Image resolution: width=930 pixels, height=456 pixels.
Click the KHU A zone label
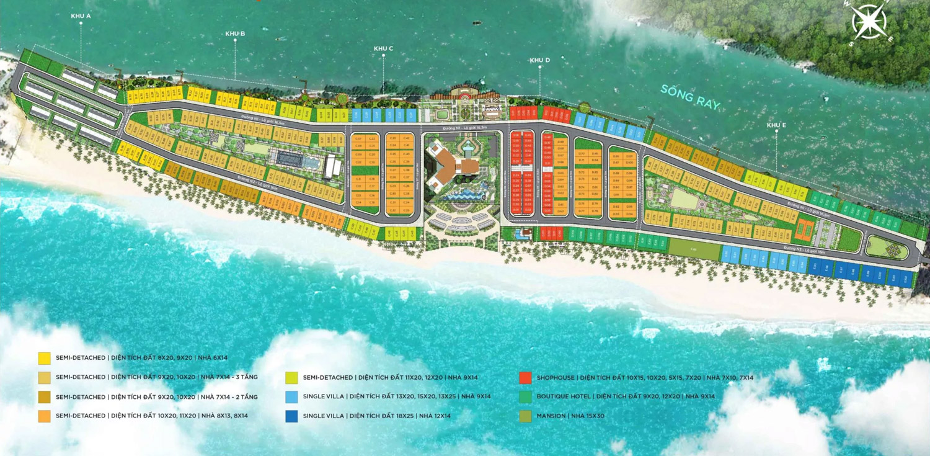(x=81, y=16)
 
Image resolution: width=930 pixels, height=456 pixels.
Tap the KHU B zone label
(x=235, y=34)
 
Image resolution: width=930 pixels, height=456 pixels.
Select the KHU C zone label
(x=383, y=48)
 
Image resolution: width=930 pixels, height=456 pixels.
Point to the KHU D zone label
(x=539, y=60)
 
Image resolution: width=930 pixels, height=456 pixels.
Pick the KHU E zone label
(x=776, y=125)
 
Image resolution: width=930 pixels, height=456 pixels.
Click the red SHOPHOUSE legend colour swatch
(x=526, y=377)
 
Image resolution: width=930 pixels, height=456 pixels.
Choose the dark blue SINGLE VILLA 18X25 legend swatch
(x=291, y=416)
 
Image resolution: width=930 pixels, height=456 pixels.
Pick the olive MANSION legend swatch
(x=526, y=416)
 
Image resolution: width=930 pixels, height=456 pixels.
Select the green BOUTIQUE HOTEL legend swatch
(x=526, y=396)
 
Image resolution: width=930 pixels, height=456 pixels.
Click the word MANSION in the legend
(x=551, y=416)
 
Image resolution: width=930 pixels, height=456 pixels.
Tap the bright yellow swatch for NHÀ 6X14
(x=44, y=358)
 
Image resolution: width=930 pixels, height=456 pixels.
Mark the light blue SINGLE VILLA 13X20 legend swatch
(x=291, y=396)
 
